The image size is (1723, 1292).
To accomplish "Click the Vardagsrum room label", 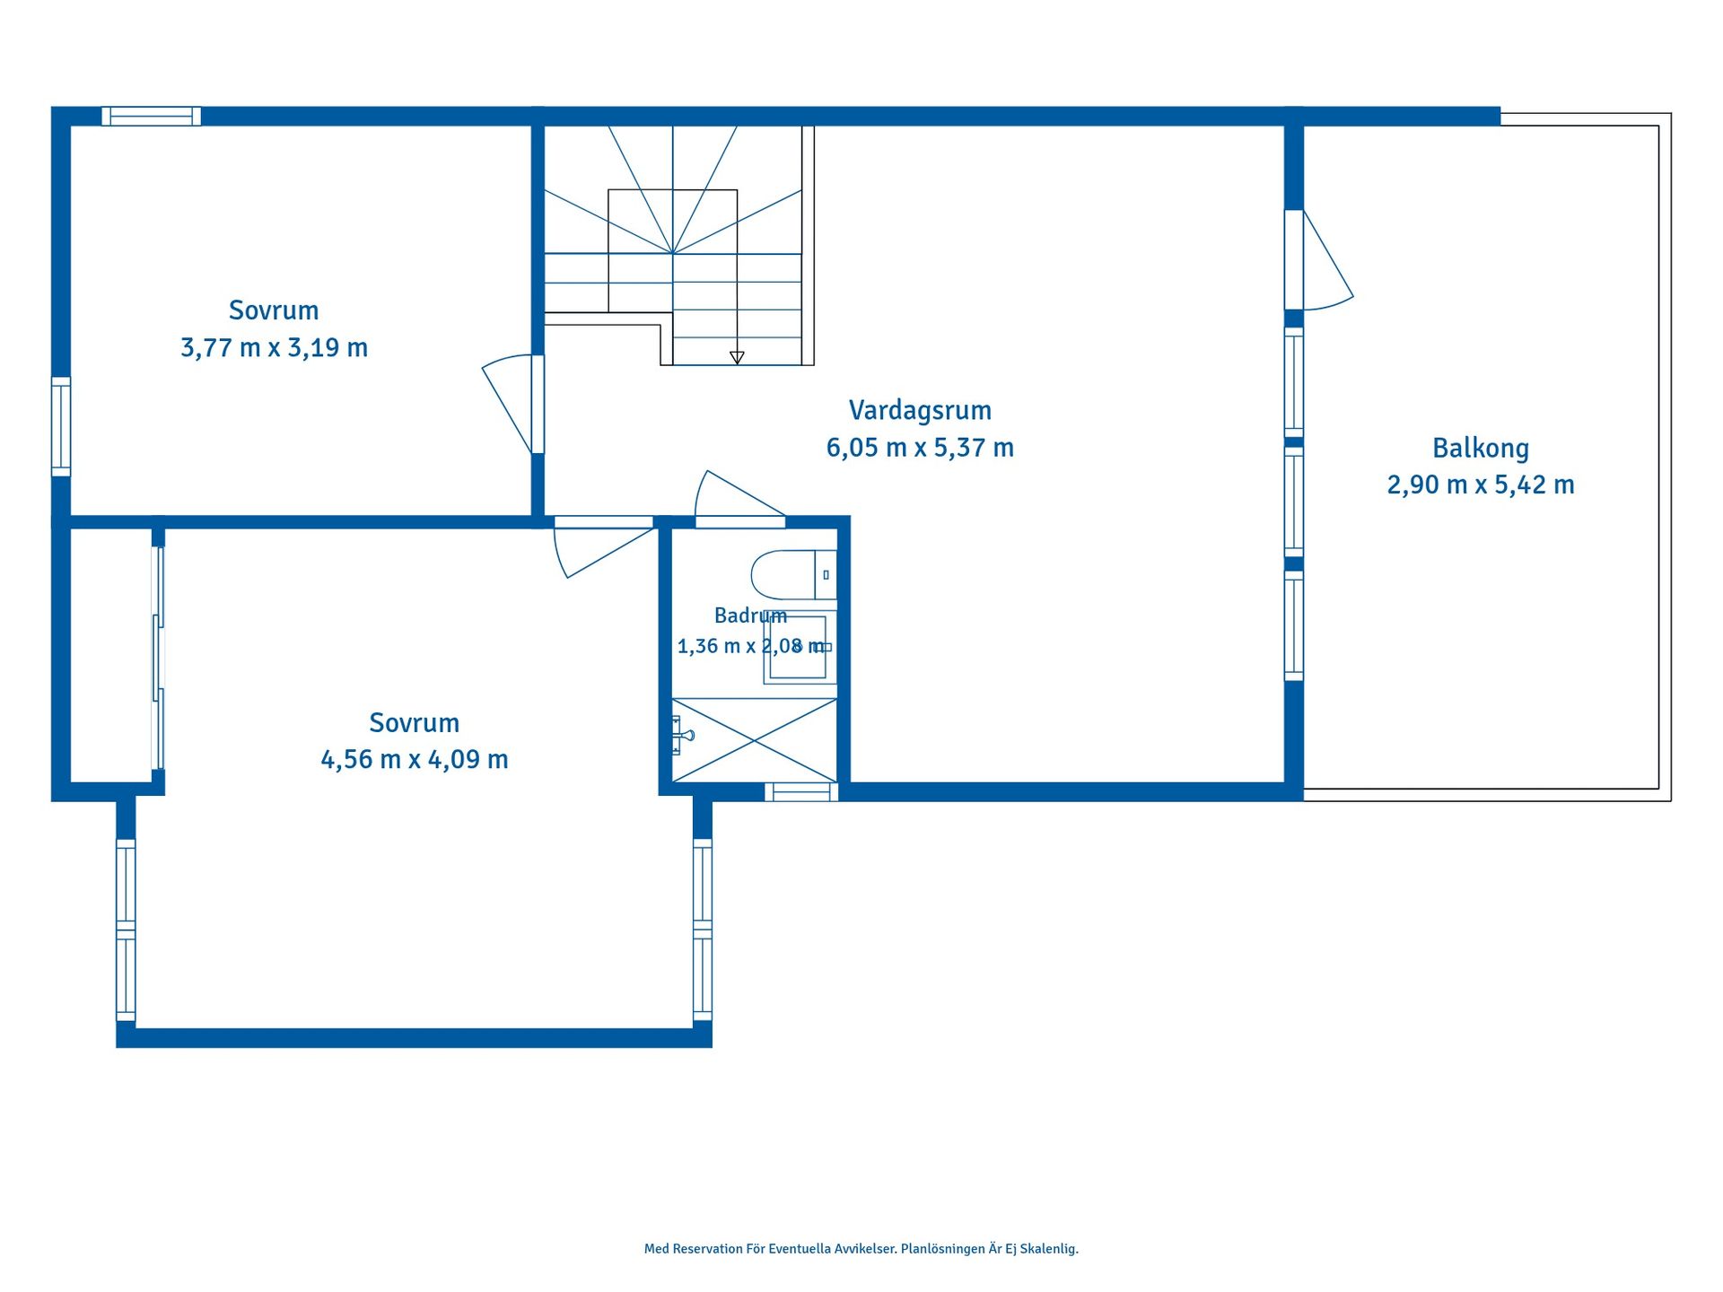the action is pos(920,411).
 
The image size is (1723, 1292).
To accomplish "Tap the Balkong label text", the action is pos(1481,449).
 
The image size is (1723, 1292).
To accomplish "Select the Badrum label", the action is pos(750,615).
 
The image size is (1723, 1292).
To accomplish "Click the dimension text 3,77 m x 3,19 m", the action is pos(274,347).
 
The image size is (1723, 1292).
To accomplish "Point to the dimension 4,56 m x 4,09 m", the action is pos(415,759).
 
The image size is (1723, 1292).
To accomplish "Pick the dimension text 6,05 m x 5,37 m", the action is pos(920,447).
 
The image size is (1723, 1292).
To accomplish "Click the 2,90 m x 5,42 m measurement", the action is pos(1481,484).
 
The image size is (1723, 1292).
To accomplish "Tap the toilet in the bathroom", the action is pos(794,574).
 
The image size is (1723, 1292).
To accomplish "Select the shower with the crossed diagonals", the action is pos(755,740).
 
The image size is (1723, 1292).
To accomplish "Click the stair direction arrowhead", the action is pos(737,357).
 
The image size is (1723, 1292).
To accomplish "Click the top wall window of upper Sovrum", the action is pos(151,116).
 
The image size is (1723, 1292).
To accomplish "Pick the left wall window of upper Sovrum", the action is pos(61,426).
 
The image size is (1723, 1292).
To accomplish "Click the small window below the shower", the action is pos(801,791).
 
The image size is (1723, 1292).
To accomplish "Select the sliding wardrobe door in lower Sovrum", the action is pos(158,658).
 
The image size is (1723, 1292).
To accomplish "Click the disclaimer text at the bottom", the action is pos(861,1249).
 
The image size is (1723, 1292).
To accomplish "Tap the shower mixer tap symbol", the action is pos(683,736).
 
